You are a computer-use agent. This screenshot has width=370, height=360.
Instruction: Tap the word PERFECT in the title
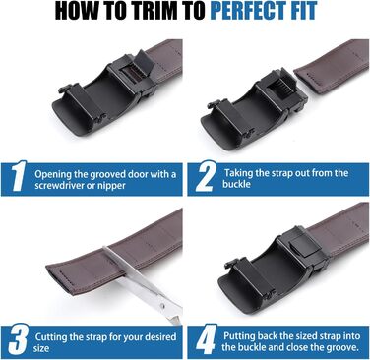tap(246, 11)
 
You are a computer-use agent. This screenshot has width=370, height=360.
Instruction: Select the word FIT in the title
tap(302, 11)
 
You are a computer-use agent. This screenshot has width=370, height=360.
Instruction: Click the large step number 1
tap(19, 176)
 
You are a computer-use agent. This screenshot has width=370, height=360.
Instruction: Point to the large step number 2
tap(206, 176)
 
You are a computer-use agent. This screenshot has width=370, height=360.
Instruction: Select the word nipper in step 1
tap(112, 187)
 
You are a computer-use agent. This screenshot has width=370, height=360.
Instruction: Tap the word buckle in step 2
tap(236, 184)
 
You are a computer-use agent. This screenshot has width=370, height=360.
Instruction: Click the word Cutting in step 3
tap(51, 337)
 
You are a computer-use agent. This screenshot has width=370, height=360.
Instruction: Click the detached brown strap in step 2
tap(332, 66)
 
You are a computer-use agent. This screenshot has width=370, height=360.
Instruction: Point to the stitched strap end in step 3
tap(57, 278)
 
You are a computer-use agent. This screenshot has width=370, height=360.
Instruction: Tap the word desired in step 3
tap(158, 337)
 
